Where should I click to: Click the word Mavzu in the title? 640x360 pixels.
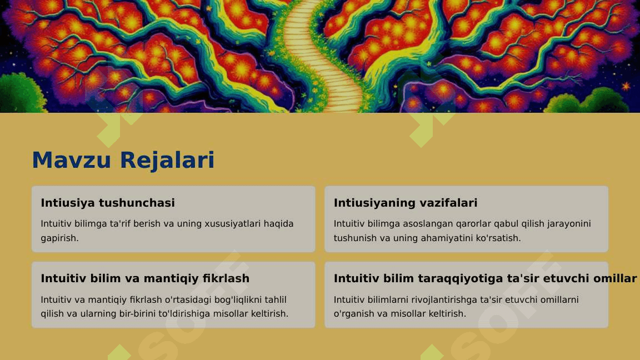point(72,159)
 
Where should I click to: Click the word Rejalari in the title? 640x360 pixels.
point(167,160)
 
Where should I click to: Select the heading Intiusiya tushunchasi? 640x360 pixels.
point(108,203)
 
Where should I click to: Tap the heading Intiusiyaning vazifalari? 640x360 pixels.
point(406,203)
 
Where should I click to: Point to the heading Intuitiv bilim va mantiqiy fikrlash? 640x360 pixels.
point(145,278)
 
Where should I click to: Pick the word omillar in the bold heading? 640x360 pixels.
point(615,278)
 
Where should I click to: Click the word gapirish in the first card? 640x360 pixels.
point(59,238)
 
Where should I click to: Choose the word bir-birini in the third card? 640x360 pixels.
point(137,313)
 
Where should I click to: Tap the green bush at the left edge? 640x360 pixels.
point(21,93)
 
